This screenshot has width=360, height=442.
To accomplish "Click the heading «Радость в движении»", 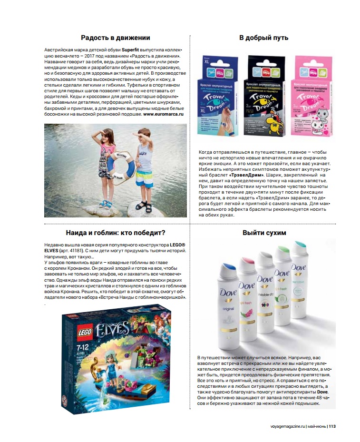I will tap(116, 38).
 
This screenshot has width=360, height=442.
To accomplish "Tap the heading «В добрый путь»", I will tap(263, 38).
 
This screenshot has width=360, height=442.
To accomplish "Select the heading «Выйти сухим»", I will tap(264, 233).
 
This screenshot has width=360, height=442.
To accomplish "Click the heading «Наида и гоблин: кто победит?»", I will tap(116, 233).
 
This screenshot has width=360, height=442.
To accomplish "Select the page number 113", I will tap(332, 426).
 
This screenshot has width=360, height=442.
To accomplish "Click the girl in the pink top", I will tap(107, 167).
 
